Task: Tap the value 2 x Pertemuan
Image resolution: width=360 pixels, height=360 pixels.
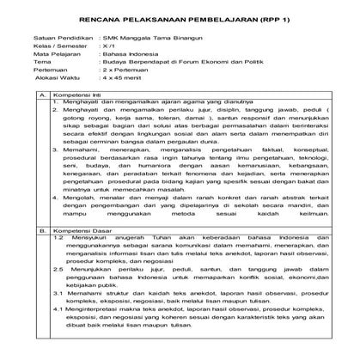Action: point(124,82)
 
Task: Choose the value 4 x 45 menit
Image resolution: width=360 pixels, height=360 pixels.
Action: point(122,91)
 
